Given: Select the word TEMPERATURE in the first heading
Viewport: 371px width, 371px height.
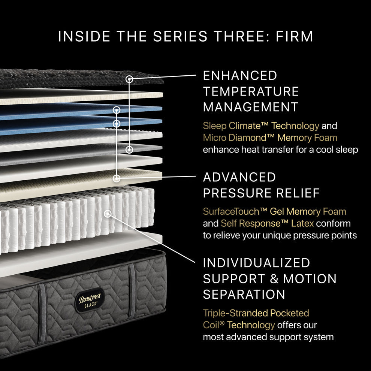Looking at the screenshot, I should coord(251,91).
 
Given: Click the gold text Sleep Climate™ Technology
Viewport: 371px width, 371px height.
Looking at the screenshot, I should coord(261,126).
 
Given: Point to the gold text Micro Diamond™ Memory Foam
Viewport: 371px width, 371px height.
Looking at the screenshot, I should coord(270,138).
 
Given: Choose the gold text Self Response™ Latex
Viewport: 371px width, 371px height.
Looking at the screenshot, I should coord(267,223).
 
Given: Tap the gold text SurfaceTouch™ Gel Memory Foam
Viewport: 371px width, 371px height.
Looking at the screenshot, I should coord(274,211).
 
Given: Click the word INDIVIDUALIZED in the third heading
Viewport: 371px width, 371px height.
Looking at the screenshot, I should coord(256,263).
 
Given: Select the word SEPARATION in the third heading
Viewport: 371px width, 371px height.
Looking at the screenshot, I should coord(244,294).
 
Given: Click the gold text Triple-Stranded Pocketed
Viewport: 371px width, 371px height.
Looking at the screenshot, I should coord(256,313).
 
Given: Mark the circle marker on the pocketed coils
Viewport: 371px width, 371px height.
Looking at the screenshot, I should coord(108,214).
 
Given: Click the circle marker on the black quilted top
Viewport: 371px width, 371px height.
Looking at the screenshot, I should coord(130,79).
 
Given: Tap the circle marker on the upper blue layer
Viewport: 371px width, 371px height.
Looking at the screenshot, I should coord(117,110).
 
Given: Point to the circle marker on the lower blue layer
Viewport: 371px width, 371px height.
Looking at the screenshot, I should coord(117,123).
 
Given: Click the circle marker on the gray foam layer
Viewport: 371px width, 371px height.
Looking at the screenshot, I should coord(129,150).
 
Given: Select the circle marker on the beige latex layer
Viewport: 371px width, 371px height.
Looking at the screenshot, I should coord(117,178).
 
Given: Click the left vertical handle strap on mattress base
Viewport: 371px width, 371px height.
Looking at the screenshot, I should coord(42,313).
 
